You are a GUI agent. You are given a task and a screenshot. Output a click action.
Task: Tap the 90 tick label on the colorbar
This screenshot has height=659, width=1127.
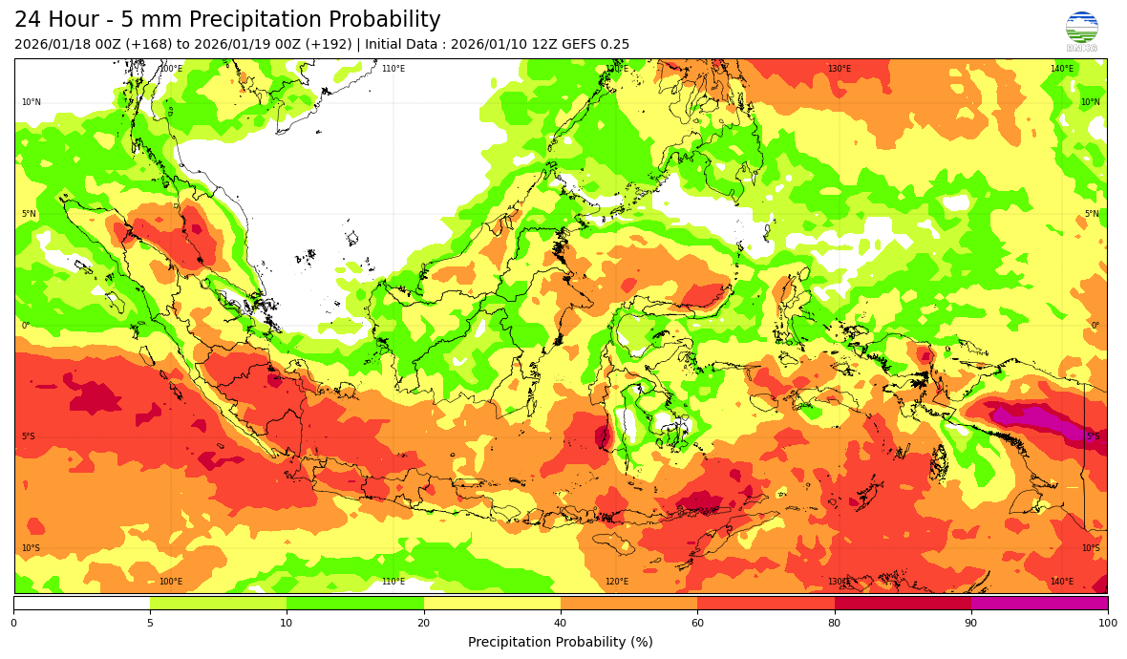point(970,623)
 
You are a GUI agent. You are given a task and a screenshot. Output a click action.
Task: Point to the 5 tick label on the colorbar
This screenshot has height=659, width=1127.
point(150,623)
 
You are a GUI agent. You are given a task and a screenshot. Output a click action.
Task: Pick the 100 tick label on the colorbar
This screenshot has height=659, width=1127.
point(1107,623)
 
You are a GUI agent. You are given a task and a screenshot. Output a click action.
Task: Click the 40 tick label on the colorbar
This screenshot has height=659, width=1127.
point(561,623)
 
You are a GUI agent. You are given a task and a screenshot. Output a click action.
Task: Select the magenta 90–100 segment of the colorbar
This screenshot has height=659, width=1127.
point(1039,603)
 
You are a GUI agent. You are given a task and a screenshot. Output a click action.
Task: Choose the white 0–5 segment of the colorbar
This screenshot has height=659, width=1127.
point(82,603)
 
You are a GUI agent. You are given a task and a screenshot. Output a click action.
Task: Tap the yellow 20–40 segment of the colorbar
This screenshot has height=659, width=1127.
point(492,603)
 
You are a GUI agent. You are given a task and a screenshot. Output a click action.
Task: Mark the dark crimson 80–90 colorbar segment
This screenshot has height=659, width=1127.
point(903,603)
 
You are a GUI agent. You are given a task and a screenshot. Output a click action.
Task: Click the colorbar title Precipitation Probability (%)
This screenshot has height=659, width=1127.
point(561,642)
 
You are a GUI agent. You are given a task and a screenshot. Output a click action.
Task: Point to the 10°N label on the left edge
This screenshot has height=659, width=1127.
point(32,102)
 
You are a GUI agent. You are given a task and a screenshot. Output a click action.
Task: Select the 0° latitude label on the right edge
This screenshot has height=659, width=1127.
point(1095,326)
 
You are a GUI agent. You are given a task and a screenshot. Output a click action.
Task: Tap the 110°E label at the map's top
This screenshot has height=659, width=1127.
point(393,69)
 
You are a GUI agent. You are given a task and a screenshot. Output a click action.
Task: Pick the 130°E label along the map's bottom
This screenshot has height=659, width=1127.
point(840,582)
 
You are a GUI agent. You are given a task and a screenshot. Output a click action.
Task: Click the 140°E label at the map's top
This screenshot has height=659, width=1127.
point(1062,69)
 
